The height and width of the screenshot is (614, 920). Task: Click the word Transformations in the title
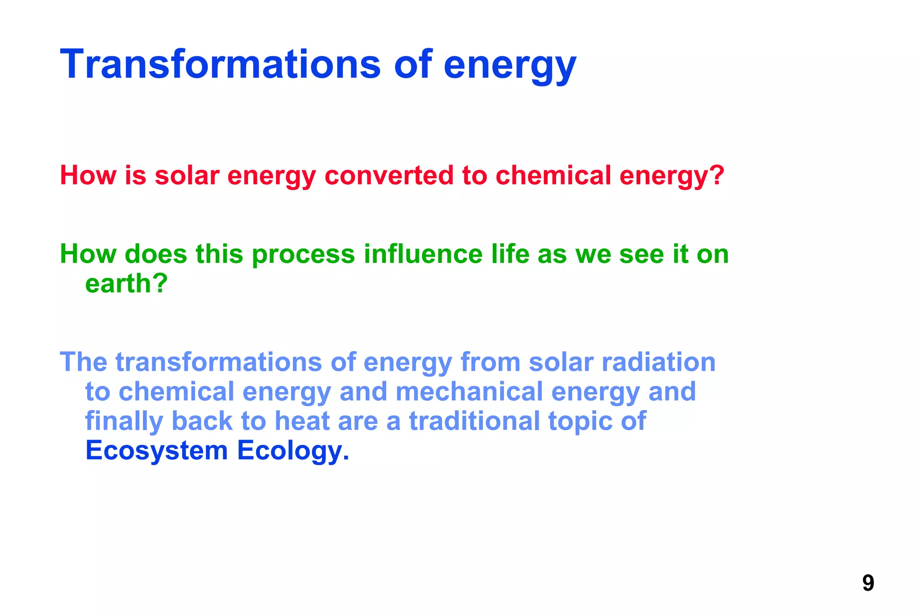220,64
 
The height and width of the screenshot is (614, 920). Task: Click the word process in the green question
303,255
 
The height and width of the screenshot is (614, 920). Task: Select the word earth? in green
126,284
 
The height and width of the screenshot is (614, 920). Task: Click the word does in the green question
155,254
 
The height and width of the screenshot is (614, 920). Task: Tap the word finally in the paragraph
124,422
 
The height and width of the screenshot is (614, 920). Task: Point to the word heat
302,421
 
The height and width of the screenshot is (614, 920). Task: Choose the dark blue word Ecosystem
157,451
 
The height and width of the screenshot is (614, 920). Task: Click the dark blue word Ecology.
293,451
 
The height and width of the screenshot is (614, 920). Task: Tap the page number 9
868,583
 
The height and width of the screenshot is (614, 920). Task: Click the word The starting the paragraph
84,362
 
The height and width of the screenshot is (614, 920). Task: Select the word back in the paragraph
202,421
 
